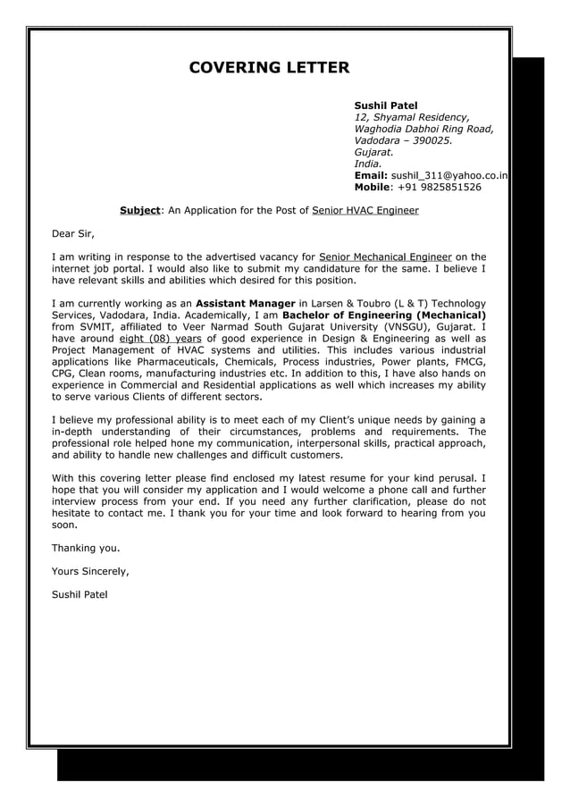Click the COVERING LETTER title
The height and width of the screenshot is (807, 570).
point(269,68)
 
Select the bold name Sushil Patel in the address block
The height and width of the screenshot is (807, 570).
point(386,105)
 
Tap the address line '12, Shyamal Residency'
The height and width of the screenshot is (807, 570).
point(411,117)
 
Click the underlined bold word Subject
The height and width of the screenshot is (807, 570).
point(139,211)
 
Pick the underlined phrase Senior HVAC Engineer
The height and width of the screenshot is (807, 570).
point(365,211)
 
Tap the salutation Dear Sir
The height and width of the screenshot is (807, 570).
point(72,234)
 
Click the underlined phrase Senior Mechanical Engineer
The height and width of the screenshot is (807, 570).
point(384,256)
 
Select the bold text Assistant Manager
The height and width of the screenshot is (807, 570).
point(245,303)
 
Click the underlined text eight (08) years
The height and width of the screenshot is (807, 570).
point(160,339)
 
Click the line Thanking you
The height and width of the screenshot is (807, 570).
point(85,547)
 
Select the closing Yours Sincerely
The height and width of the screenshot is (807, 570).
point(90,570)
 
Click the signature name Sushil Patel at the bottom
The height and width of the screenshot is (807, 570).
point(80,593)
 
